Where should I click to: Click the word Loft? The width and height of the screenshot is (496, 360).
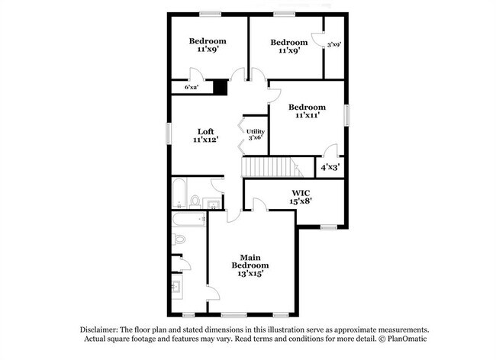(206, 130)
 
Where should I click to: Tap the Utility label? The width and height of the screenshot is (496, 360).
(255, 131)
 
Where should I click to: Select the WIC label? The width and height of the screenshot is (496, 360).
(299, 193)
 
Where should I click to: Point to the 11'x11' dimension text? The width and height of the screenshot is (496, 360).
(305, 116)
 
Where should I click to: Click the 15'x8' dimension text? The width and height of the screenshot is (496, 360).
(299, 202)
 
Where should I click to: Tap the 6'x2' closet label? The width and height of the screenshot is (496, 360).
(192, 88)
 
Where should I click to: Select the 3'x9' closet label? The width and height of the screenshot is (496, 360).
(333, 44)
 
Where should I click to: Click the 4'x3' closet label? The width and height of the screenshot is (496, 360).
(330, 166)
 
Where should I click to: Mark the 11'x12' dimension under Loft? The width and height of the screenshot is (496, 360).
(206, 140)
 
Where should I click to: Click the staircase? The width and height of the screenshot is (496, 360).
(268, 166)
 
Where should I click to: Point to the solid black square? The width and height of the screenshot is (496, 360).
(220, 87)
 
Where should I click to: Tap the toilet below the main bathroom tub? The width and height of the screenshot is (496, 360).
(179, 239)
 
